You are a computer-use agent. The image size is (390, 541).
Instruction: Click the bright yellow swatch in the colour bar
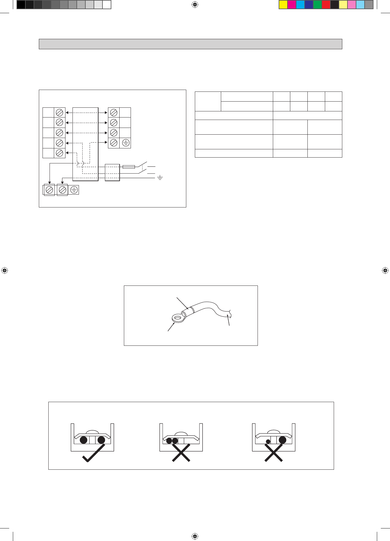click(x=283, y=5)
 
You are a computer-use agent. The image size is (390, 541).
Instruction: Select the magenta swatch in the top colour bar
click(x=292, y=5)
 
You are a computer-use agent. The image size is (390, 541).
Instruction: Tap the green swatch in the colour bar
click(x=318, y=5)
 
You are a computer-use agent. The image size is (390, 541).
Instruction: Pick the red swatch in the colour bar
click(x=326, y=5)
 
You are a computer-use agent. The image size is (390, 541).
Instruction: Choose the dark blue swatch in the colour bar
click(x=309, y=5)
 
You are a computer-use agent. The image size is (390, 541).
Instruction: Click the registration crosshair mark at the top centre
click(x=195, y=5)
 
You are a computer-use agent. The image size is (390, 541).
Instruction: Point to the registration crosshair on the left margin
click(x=4, y=270)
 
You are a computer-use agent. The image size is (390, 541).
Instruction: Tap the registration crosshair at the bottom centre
click(x=195, y=536)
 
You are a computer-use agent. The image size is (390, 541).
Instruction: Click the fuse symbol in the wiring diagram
click(x=128, y=167)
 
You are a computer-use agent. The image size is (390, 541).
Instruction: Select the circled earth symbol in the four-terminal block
click(x=125, y=143)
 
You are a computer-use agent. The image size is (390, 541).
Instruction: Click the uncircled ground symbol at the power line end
click(x=160, y=177)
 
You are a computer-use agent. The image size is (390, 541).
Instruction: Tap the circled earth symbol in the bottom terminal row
click(x=74, y=190)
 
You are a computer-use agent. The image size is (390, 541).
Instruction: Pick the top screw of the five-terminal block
click(x=60, y=112)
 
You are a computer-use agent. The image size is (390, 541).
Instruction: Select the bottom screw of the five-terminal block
click(x=60, y=153)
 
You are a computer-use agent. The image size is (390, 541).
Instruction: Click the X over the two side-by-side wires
click(x=181, y=452)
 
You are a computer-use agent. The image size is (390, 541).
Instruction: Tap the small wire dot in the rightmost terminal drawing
click(x=268, y=441)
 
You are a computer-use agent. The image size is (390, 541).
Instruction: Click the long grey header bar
click(x=190, y=44)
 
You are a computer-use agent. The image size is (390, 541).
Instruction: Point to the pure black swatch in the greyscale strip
click(x=21, y=5)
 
